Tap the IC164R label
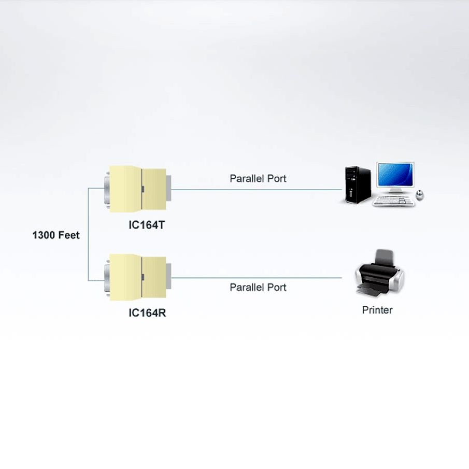147,313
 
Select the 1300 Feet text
56,235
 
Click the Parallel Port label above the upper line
258,179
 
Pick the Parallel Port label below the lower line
258,287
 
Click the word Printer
377,310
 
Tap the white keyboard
394,202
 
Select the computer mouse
420,195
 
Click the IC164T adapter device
137,190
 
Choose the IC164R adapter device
137,277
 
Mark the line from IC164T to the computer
257,190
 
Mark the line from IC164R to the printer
257,278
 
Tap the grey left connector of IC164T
107,190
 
